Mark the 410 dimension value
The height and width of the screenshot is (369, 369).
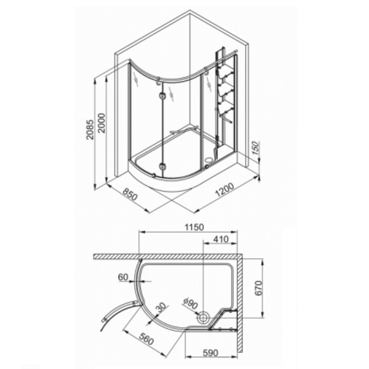point(220,241)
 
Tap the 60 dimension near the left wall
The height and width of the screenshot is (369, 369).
point(123,278)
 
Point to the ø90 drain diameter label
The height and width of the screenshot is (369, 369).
point(190,303)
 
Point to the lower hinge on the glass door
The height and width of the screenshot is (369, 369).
point(162,165)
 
